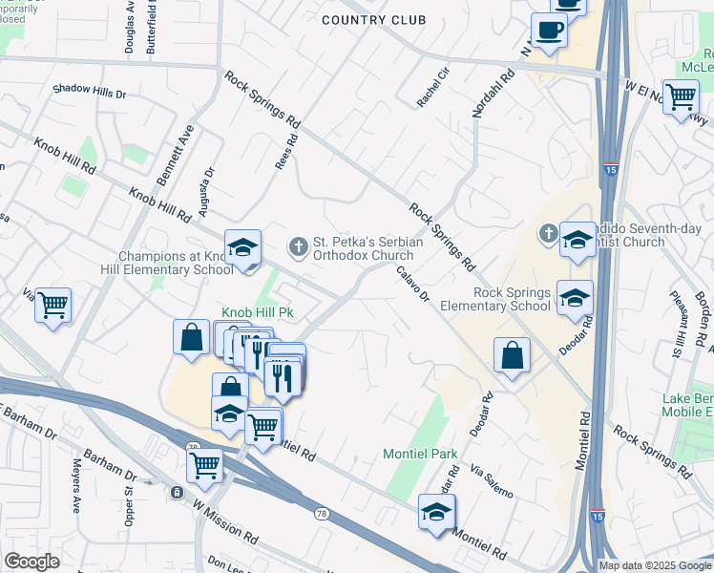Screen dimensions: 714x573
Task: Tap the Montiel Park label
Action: pos(420,454)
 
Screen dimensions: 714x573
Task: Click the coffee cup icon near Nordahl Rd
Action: pos(549,31)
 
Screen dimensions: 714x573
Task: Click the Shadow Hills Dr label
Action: pos(90,90)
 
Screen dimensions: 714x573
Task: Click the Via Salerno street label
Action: pos(493,482)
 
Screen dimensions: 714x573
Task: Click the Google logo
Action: pos(31,562)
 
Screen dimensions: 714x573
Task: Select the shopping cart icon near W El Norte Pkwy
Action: pos(681,95)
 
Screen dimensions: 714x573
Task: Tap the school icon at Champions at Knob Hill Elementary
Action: pos(242,248)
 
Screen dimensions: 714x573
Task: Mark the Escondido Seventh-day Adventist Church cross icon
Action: pos(548,233)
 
